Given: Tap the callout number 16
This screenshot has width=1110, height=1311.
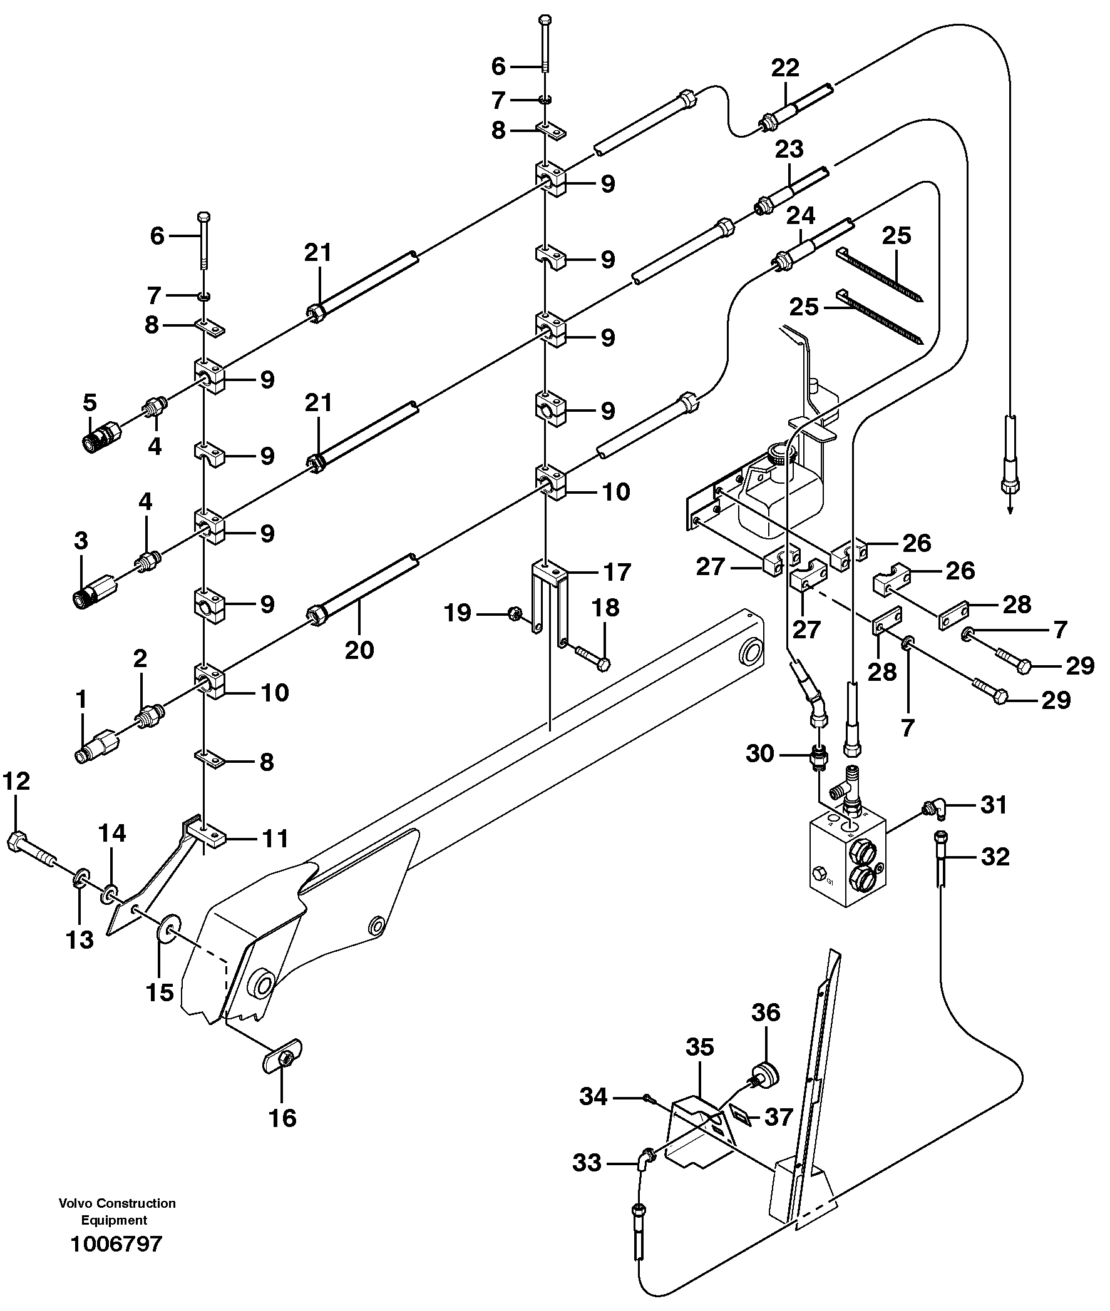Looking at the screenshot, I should click(x=282, y=1118).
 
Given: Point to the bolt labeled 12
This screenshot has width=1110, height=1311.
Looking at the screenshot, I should click(x=31, y=846).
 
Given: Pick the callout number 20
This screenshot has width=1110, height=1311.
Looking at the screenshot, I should click(x=359, y=650).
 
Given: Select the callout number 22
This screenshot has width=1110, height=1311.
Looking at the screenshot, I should click(x=784, y=68).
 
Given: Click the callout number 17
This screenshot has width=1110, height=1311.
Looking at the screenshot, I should click(x=617, y=572).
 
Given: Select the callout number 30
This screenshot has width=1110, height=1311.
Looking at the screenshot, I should click(x=759, y=753).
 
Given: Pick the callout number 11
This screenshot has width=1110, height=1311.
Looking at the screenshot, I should click(x=275, y=839).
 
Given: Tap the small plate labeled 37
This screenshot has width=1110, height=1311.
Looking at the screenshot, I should click(x=740, y=1118).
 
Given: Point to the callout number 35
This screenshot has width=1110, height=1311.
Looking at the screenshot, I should click(x=700, y=1048).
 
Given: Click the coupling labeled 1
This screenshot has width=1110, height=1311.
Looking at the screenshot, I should click(x=95, y=747).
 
